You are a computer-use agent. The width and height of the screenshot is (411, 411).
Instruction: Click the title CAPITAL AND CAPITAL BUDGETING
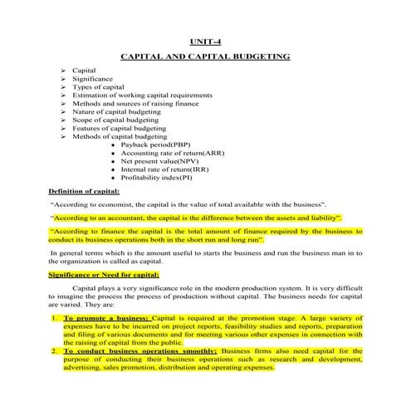[x=205, y=57]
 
